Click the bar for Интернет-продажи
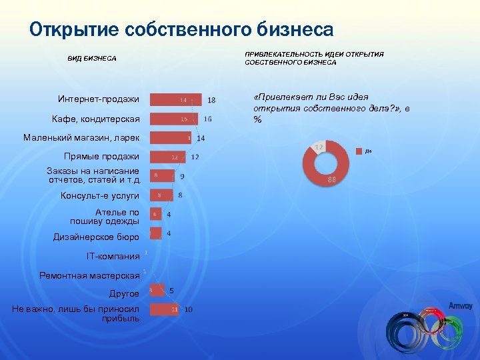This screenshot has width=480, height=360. [x=175, y=100]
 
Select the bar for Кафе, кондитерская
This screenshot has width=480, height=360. [x=174, y=119]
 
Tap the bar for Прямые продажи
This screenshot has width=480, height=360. [x=167, y=157]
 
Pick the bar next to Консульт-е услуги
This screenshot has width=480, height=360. [x=161, y=195]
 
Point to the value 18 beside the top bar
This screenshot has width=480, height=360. [x=211, y=101]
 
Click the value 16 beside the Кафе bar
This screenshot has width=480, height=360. [x=208, y=119]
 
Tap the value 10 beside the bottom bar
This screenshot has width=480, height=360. [x=189, y=309]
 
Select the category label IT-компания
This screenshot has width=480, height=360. [x=113, y=256]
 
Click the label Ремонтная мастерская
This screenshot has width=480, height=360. [x=89, y=275]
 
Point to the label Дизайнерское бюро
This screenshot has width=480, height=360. [x=96, y=237]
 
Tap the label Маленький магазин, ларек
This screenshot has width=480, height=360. [x=81, y=138]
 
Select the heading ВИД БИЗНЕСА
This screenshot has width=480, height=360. [x=92, y=59]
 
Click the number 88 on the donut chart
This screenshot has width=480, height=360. [x=331, y=180]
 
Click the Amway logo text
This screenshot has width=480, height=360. [x=461, y=305]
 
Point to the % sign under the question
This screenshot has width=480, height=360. [x=257, y=119]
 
